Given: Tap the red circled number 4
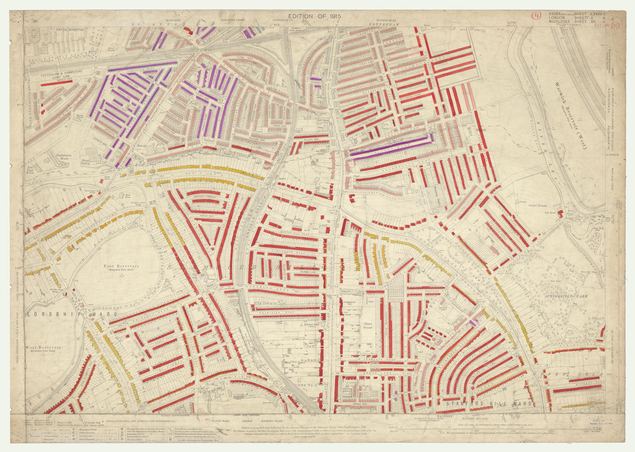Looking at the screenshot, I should (537, 16).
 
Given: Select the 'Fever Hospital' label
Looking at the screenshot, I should (70, 29).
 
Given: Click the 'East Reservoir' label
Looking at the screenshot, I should (115, 266).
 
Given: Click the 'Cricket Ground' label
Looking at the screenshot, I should (537, 206).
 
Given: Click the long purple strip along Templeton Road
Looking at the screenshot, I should (142, 66).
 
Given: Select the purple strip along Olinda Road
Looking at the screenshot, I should (391, 147).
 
